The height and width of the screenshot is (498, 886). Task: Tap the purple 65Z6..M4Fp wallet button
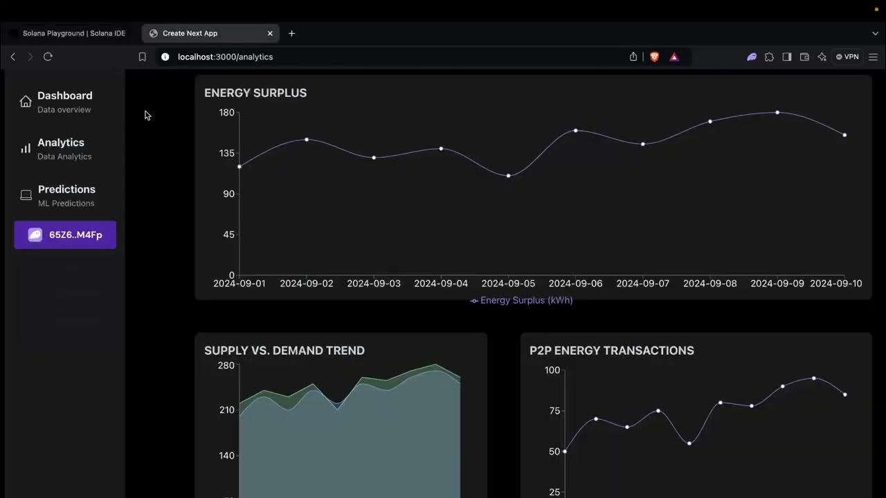point(65,235)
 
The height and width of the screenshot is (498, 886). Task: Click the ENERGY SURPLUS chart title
point(255,93)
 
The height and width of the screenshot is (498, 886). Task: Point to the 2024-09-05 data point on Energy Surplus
point(509,176)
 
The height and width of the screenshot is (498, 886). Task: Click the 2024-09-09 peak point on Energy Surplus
point(777,112)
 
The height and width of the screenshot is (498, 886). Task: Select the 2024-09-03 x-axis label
point(374,284)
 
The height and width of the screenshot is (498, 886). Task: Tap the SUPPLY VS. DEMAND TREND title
point(284,351)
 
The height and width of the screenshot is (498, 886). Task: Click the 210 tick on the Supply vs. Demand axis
point(226,410)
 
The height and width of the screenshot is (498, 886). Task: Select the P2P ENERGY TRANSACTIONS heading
point(612,351)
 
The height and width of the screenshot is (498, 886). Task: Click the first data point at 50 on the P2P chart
point(565,452)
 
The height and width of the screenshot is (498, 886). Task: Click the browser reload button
point(48,57)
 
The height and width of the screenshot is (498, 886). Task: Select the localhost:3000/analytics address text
point(225,57)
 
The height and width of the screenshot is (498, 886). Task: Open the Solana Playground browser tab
point(73,33)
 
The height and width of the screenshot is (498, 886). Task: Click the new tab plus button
point(291,33)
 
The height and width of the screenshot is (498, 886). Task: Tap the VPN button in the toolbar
point(847,57)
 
